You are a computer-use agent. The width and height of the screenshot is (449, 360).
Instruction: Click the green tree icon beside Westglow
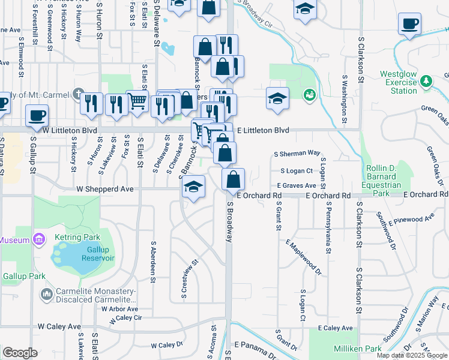pos(426,80)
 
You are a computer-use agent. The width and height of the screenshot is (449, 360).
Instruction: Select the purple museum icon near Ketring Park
pos(39,240)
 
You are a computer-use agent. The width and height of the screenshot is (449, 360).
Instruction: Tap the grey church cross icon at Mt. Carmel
pos(79,94)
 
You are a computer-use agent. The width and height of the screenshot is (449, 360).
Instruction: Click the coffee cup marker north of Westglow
pos(409,24)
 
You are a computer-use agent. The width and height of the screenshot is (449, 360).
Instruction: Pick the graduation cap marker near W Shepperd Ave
pos(194,187)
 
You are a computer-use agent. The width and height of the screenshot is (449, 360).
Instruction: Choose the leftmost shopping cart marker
pos(137,101)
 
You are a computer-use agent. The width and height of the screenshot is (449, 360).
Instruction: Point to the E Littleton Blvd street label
pos(263,130)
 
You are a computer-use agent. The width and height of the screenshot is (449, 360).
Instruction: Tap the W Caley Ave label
pos(59,327)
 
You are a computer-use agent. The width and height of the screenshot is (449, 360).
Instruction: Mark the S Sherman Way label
pos(297,154)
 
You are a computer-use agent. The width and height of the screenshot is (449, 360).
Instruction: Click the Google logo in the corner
pos(20,353)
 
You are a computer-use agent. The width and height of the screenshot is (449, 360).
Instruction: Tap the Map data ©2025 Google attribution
pos(411,355)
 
